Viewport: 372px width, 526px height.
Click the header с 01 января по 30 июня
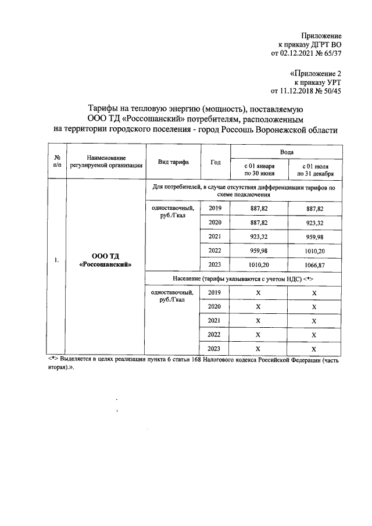click(x=259, y=169)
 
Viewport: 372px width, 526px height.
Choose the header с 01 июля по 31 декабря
click(x=313, y=169)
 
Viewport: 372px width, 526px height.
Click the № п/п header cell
click(x=58, y=161)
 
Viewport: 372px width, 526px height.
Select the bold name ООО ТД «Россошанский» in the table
click(x=105, y=260)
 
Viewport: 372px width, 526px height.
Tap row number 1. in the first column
click(x=57, y=260)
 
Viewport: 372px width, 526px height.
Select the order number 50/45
click(x=347, y=91)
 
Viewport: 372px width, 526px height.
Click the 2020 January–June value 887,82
click(x=259, y=222)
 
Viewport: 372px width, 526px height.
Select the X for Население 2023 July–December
click(x=313, y=349)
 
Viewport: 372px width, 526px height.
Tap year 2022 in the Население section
click(x=214, y=334)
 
